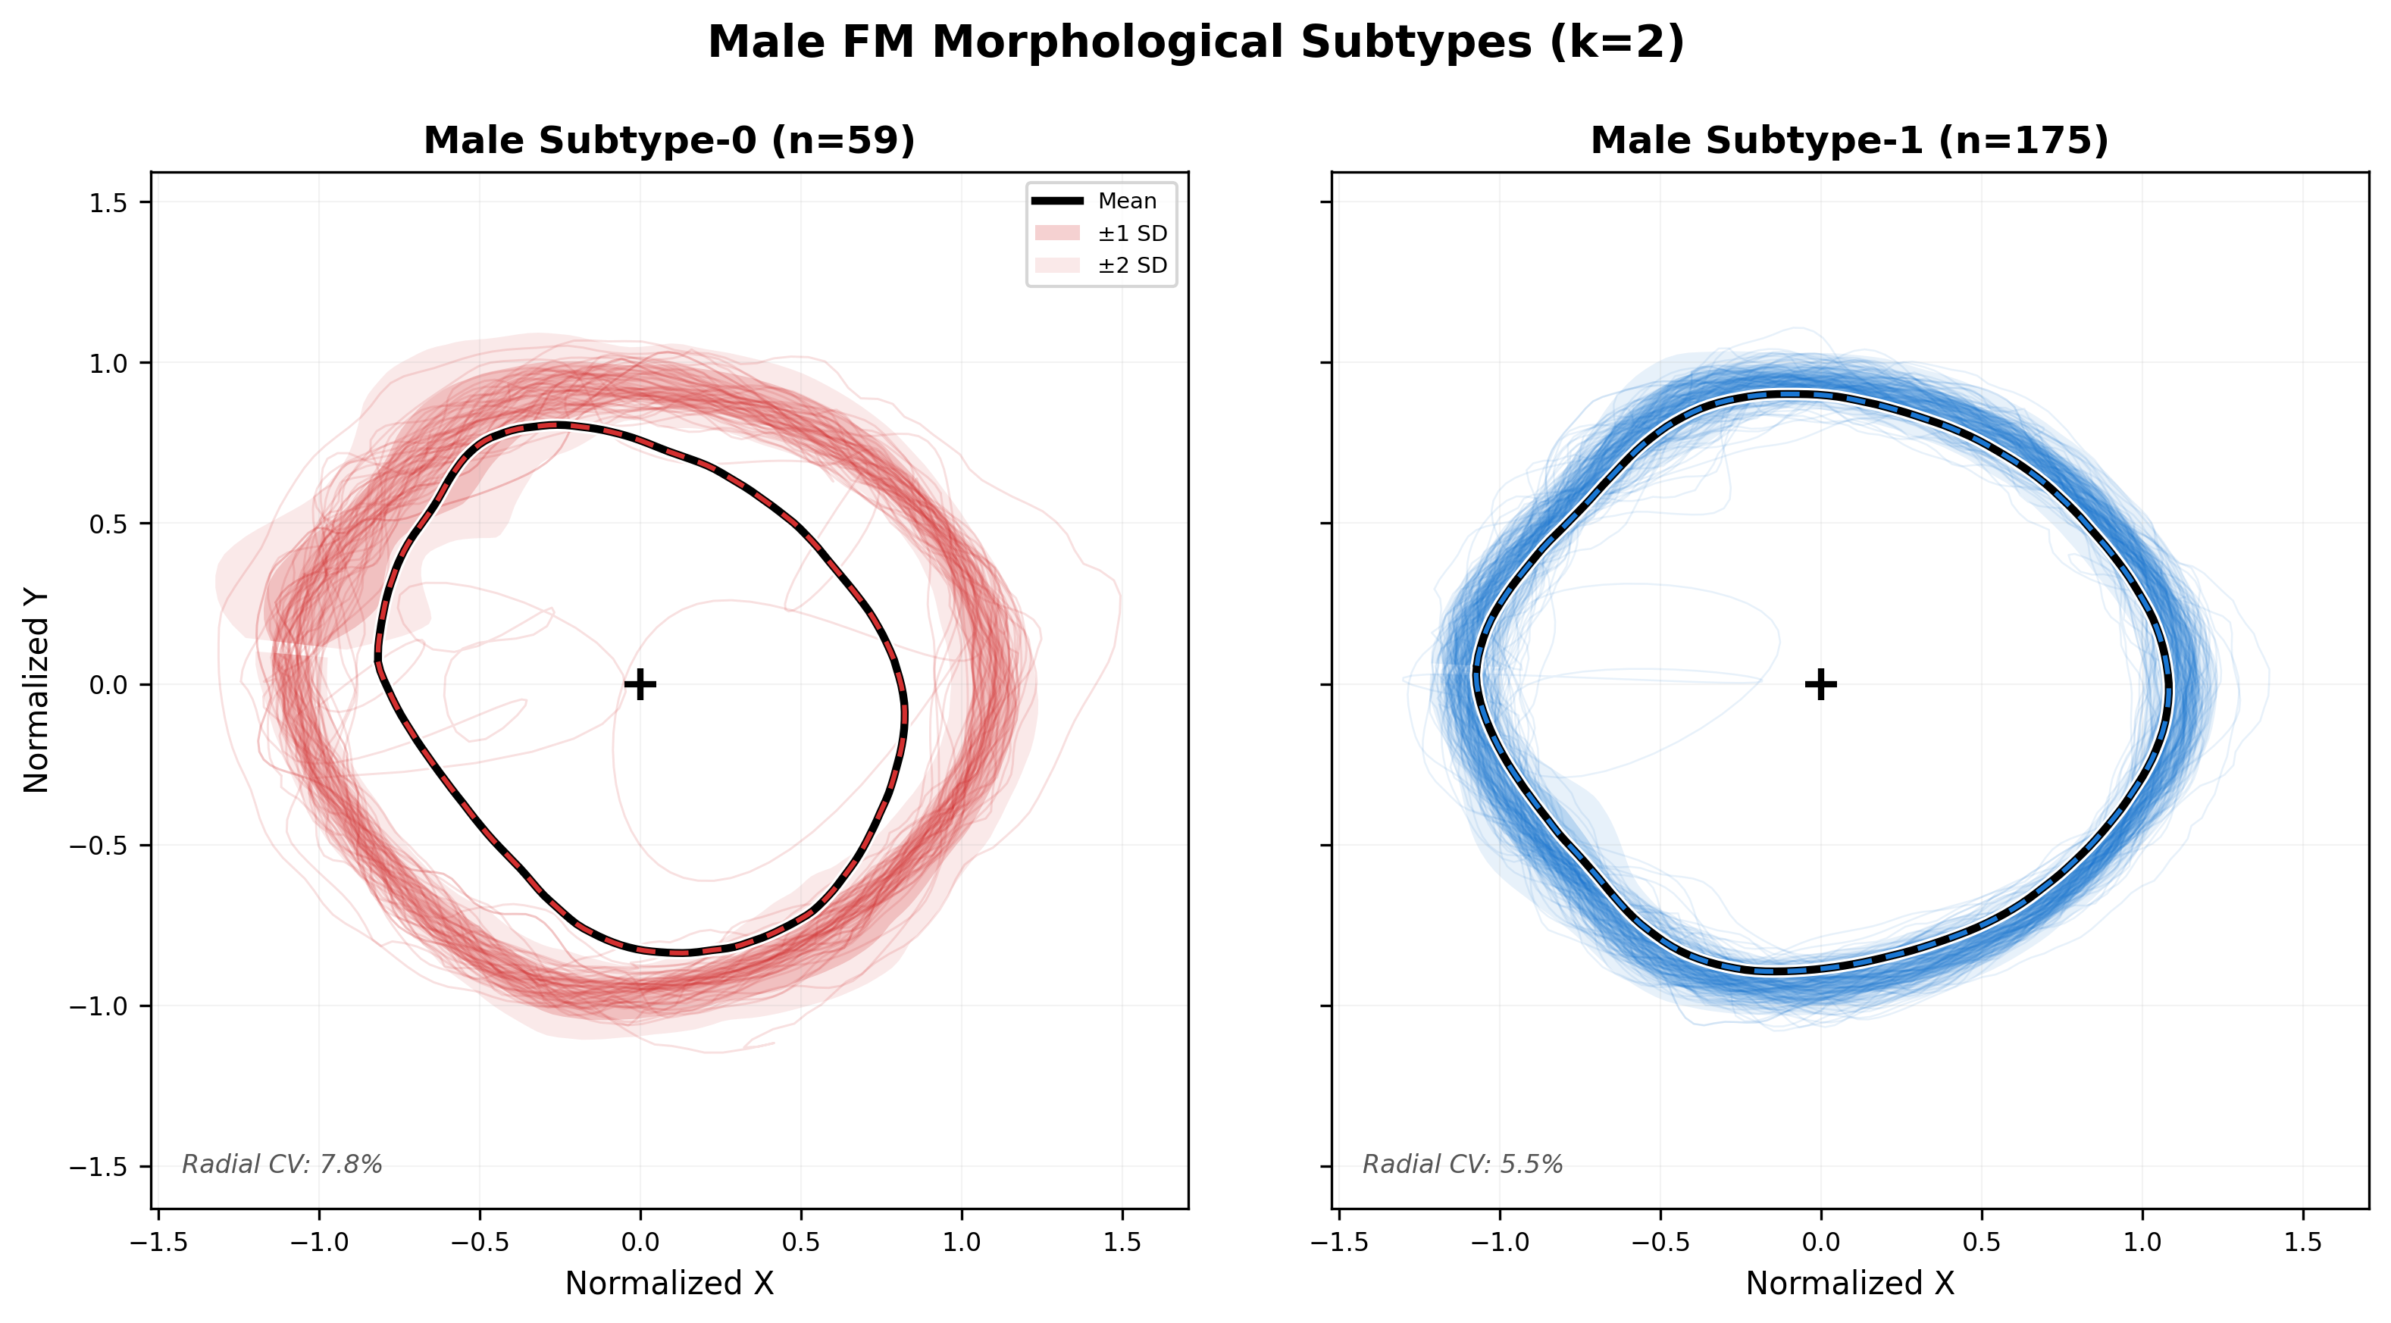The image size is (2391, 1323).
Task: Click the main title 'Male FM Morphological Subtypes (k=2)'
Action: click(x=1196, y=42)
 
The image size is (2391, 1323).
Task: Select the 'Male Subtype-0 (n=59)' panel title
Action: click(x=669, y=141)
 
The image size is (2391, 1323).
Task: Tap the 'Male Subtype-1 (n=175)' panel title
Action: click(x=1849, y=141)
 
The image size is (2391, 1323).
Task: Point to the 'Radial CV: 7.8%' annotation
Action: click(x=282, y=1165)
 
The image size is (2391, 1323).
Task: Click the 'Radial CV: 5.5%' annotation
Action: click(x=1463, y=1165)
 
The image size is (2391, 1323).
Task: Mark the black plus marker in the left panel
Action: click(x=640, y=685)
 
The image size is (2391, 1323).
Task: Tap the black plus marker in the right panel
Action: click(x=1821, y=685)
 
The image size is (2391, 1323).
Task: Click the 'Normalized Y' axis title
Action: click(x=36, y=691)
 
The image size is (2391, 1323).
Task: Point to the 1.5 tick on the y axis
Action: click(x=108, y=202)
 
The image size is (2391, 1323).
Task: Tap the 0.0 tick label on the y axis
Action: click(x=108, y=685)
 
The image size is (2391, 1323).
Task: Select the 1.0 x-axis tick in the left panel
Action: click(x=962, y=1241)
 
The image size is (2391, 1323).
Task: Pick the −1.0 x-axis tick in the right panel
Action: click(x=1500, y=1241)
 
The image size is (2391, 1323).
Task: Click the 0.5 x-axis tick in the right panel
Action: click(x=1982, y=1241)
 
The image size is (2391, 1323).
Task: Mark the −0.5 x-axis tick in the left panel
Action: click(x=480, y=1241)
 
